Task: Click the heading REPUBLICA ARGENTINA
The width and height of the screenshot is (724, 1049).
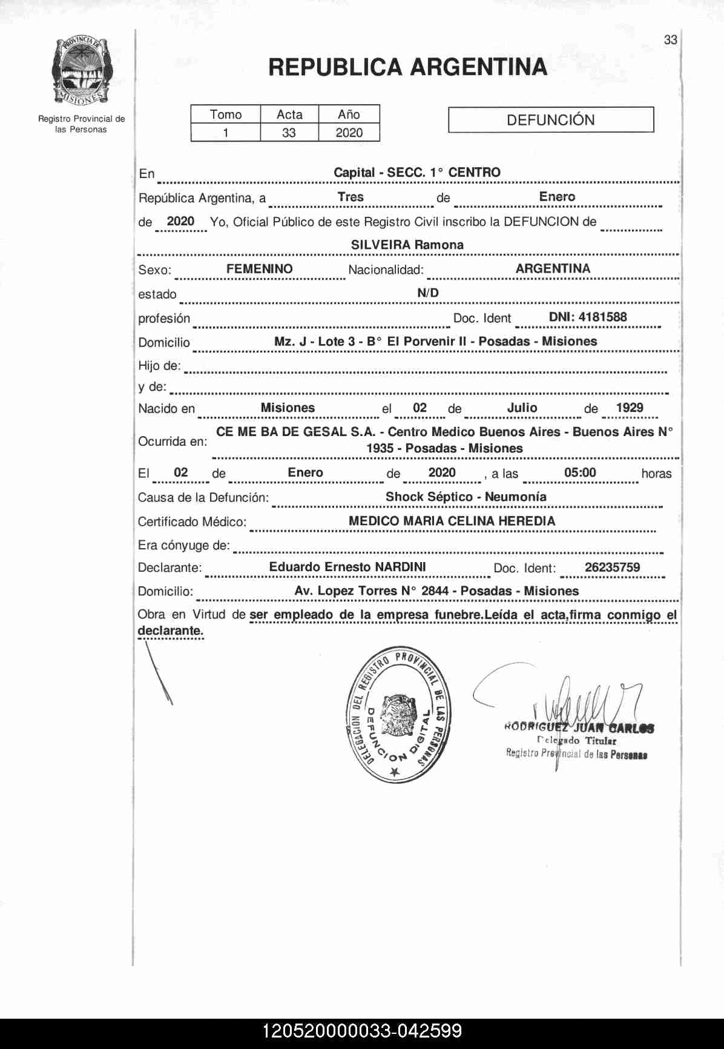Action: (x=407, y=67)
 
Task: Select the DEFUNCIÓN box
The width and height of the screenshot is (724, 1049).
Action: (x=550, y=120)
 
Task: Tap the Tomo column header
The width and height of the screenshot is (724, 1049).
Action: (x=225, y=114)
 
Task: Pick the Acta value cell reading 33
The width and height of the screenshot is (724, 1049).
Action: (x=289, y=133)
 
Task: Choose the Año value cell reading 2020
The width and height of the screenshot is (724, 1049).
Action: (x=349, y=133)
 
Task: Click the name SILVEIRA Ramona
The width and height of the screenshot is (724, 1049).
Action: (x=407, y=245)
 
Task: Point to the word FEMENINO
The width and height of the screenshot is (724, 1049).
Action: (x=259, y=269)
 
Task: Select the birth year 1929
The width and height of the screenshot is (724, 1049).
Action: (x=629, y=408)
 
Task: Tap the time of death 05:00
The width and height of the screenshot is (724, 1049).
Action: (x=579, y=472)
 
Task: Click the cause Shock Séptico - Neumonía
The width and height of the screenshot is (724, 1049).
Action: (x=466, y=497)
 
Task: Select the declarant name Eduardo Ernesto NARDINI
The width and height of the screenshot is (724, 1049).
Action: (x=347, y=567)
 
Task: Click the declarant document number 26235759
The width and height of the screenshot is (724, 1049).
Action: (x=612, y=568)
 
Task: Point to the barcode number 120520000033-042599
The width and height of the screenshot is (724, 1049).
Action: (x=362, y=1031)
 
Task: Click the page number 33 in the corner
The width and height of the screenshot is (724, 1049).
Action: (x=670, y=40)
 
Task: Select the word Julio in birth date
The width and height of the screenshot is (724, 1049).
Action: (x=522, y=408)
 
